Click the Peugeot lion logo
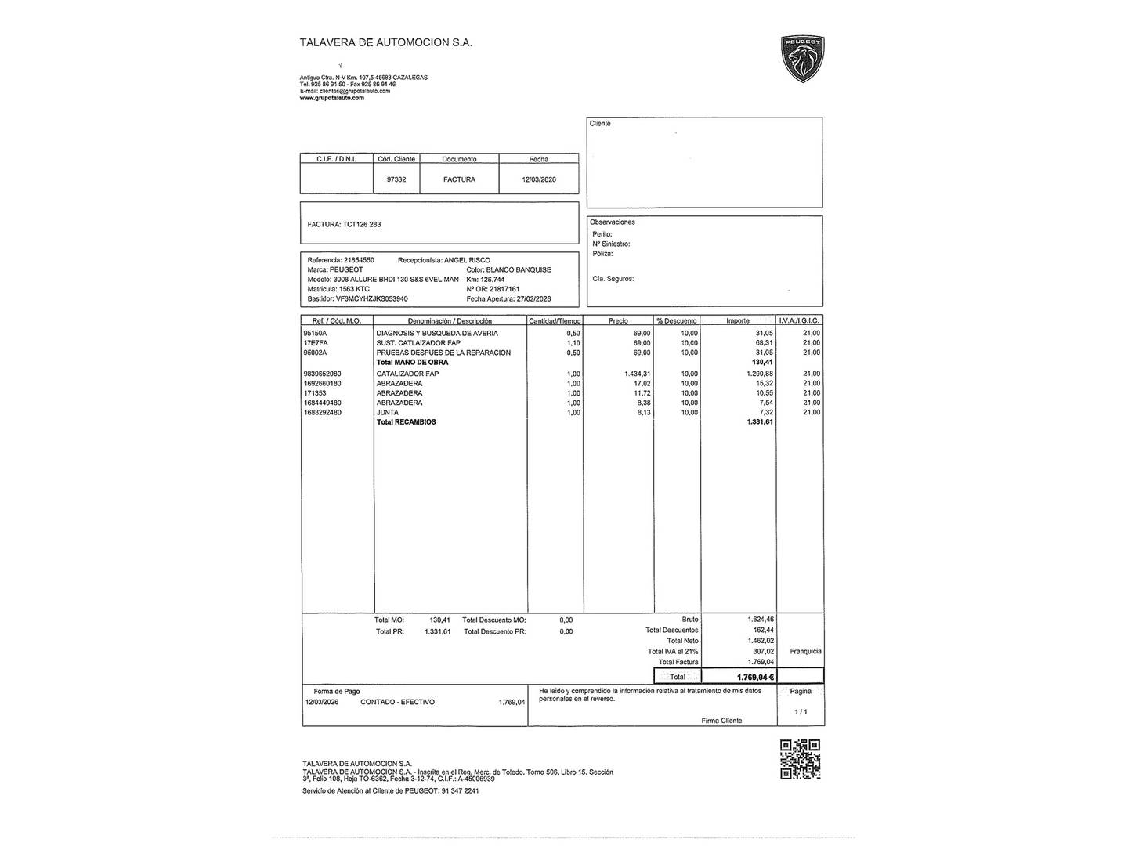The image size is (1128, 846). point(803,60)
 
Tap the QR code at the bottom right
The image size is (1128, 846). point(801,759)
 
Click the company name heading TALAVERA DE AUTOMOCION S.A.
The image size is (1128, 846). point(385,43)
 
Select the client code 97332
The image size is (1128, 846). point(396,179)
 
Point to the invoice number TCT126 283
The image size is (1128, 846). point(362,225)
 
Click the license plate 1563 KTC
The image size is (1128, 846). point(350,289)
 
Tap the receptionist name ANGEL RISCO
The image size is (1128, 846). point(467,260)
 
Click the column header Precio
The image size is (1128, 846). point(618,320)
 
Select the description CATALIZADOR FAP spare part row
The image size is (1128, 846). point(407,374)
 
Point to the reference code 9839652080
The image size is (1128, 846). point(322,374)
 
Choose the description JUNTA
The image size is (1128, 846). point(387,412)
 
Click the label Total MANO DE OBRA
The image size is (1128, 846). point(412,363)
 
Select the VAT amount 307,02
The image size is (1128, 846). point(763,651)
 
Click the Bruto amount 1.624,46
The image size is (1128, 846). point(760,620)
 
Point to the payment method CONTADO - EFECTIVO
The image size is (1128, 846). point(397,702)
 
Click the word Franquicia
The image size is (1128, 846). point(805,651)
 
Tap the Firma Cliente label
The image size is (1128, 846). point(721,721)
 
